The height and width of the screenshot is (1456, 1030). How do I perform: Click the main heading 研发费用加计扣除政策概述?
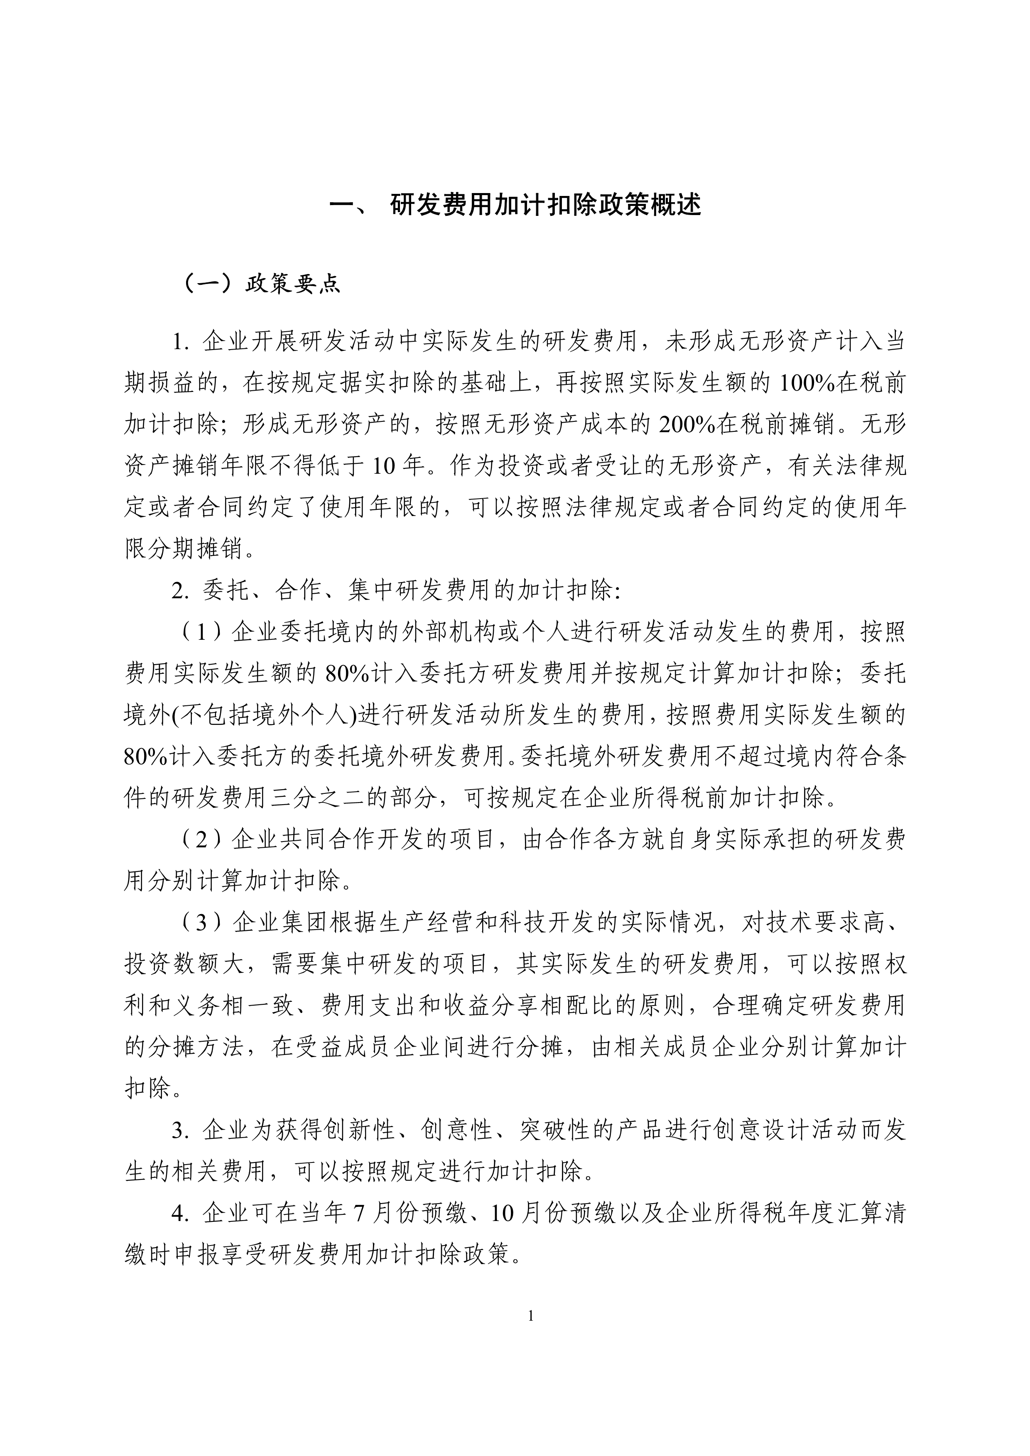tap(545, 206)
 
